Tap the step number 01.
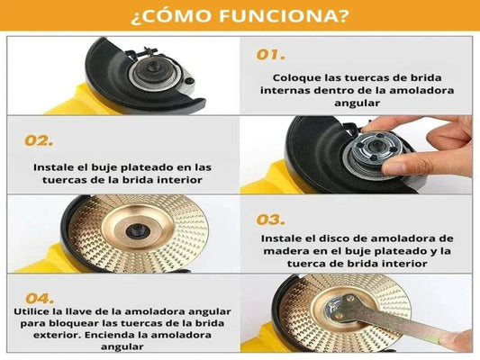[270, 55]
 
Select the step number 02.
[39, 140]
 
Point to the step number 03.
[270, 220]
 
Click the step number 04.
[40, 299]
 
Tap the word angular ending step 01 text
[357, 103]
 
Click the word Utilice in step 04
[32, 311]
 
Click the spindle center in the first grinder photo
[153, 67]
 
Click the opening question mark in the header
[135, 17]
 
